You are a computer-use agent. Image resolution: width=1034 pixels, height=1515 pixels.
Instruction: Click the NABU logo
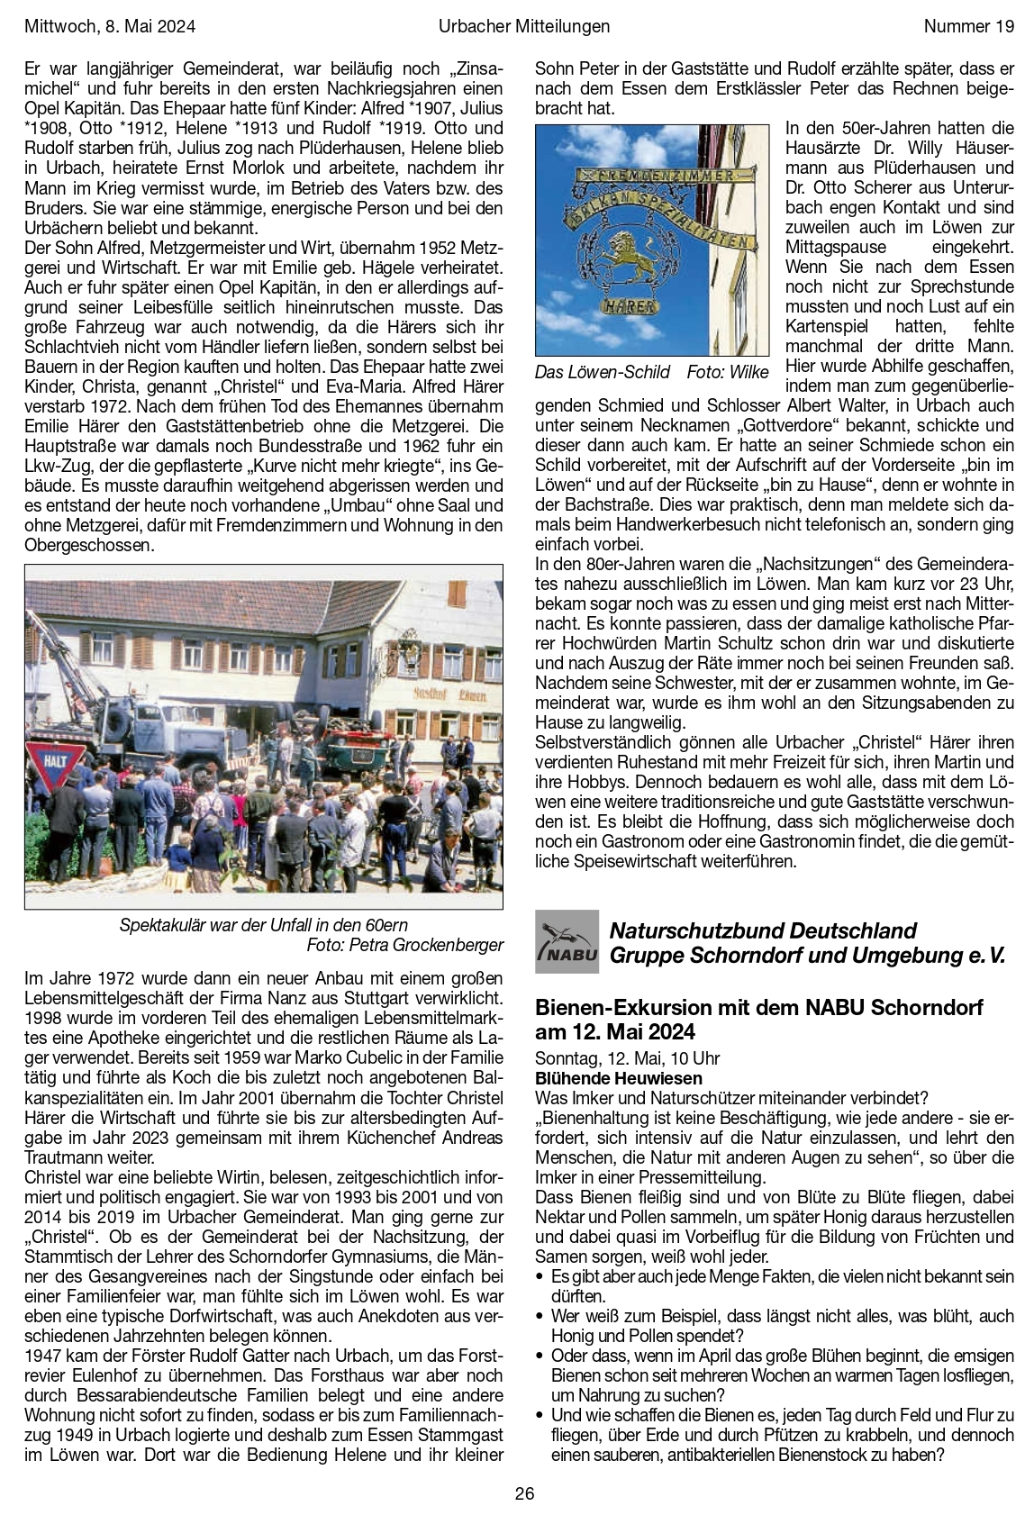(567, 941)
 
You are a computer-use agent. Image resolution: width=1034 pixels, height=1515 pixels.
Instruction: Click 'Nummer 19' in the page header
(968, 26)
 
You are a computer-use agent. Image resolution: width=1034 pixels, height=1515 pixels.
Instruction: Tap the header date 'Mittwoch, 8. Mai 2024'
(110, 26)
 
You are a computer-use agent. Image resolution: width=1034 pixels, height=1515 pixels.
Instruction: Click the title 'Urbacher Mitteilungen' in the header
(524, 26)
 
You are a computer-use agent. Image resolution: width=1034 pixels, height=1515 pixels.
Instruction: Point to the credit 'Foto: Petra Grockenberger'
(404, 945)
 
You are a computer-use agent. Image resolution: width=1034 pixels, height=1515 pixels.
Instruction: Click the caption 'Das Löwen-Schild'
(603, 372)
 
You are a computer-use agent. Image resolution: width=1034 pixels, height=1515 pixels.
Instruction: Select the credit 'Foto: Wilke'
(728, 372)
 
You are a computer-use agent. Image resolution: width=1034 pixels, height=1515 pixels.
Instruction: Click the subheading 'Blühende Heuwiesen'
(619, 1078)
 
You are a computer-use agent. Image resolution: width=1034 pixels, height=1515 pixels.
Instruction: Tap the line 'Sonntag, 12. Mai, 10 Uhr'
(627, 1058)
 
